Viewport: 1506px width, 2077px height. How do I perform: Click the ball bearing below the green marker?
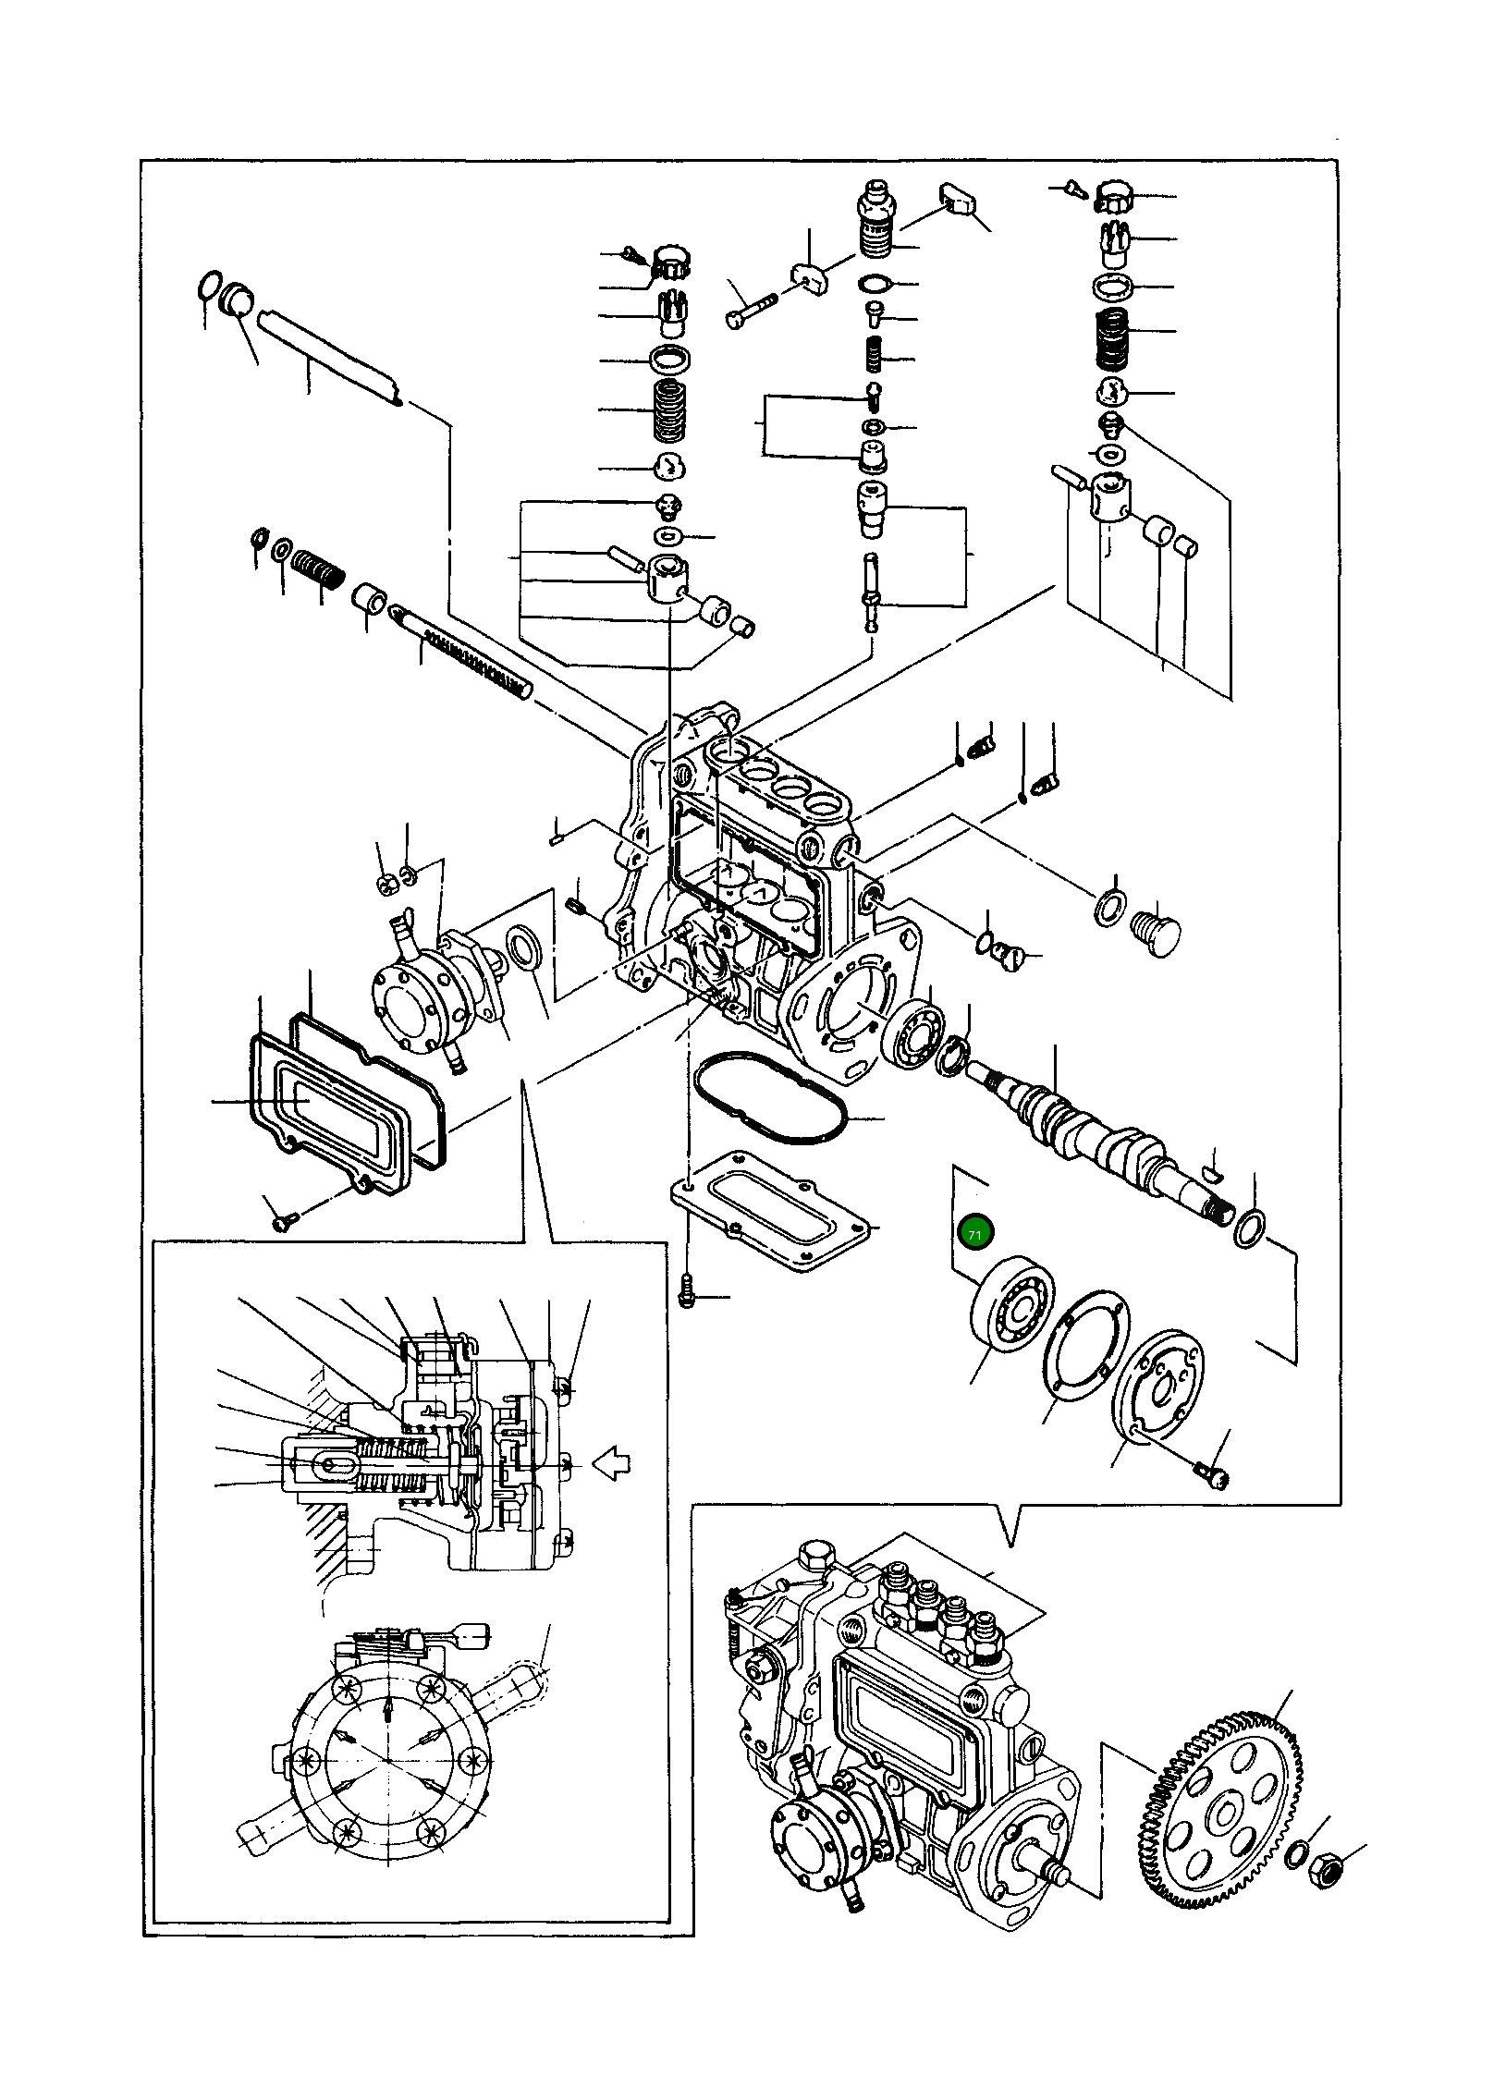1014,1305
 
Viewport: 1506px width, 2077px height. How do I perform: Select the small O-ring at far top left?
210,287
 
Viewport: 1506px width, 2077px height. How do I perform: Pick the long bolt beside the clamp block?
753,308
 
